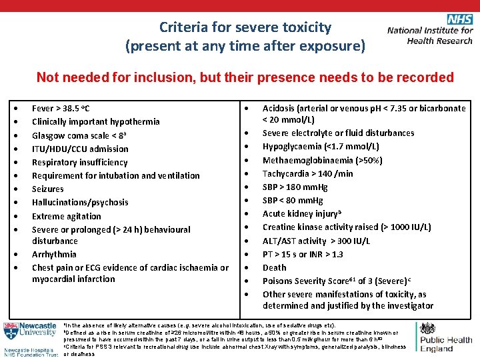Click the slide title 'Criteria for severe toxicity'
click(245, 27)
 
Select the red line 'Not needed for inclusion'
click(245, 77)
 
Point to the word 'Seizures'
click(48, 189)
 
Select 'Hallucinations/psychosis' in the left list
click(80, 202)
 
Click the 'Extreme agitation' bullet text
click(67, 216)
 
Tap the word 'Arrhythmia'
click(54, 254)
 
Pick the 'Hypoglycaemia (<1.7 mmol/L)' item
click(321, 146)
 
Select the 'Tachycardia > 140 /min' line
click(308, 173)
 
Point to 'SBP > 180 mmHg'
click(297, 187)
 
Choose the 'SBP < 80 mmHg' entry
click(293, 200)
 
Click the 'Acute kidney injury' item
click(302, 214)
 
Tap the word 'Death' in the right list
click(274, 267)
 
